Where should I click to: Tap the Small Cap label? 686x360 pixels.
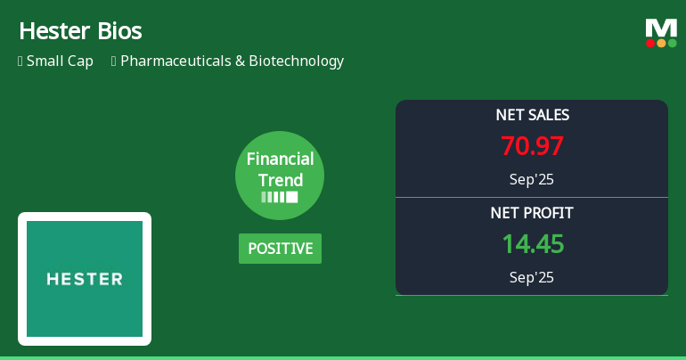(60, 61)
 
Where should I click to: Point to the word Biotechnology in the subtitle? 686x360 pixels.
(295, 61)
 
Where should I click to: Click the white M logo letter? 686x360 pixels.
(661, 28)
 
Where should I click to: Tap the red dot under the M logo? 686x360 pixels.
(650, 43)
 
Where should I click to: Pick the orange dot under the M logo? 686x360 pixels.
(661, 43)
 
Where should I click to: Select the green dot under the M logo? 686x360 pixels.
(672, 43)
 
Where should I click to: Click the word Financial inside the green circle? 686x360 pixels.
(280, 160)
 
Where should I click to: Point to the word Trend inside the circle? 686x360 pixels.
(280, 180)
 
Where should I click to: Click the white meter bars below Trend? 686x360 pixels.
(280, 197)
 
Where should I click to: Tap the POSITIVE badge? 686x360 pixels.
(280, 249)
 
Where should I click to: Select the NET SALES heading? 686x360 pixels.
(532, 115)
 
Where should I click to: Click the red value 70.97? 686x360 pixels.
(532, 146)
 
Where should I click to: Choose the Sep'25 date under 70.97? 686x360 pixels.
(532, 179)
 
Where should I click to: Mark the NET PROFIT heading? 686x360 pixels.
(532, 213)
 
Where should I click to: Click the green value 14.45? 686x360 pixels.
(532, 244)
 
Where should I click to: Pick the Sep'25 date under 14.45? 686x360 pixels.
(532, 277)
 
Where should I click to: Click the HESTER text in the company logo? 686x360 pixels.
(85, 279)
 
